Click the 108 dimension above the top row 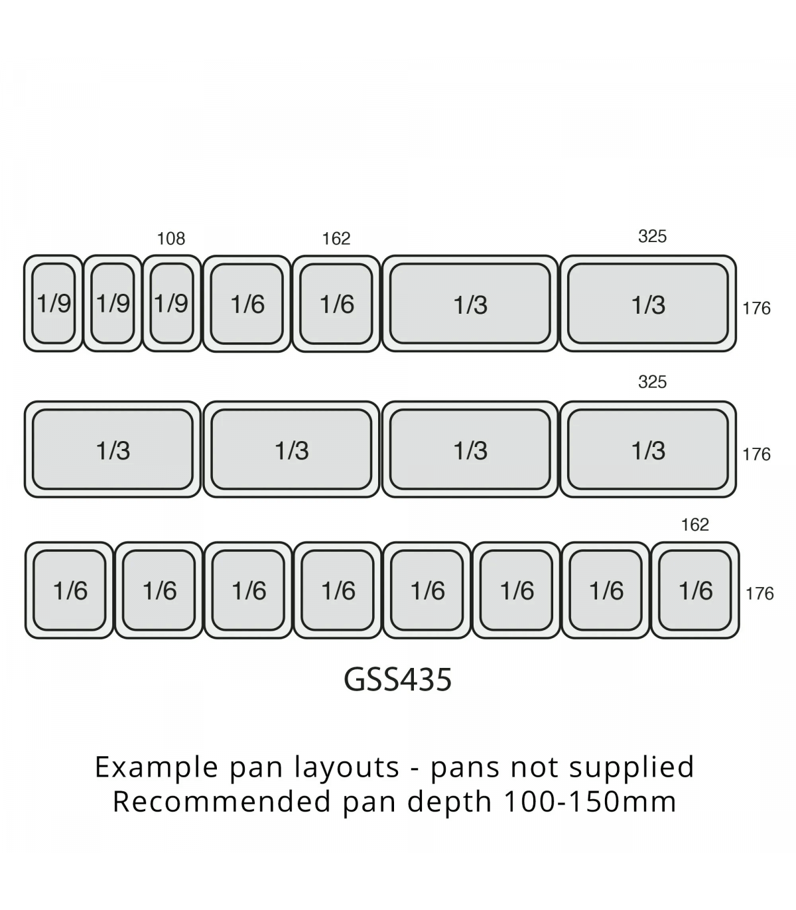point(171,239)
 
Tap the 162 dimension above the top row point(336,239)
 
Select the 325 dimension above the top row point(652,237)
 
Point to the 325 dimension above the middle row point(652,382)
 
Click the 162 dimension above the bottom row point(695,525)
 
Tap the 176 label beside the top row point(756,308)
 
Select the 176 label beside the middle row point(756,454)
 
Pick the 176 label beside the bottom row point(760,594)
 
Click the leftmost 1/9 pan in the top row point(54,304)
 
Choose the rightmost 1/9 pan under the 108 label point(172,304)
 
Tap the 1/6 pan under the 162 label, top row point(336,304)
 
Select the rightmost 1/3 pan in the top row point(648,304)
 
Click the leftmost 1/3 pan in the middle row point(113,450)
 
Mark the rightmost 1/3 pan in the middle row point(648,450)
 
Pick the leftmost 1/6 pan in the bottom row point(70,590)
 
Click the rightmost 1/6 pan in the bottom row point(695,590)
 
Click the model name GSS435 point(398,679)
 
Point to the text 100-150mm point(590,801)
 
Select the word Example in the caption point(157,767)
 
